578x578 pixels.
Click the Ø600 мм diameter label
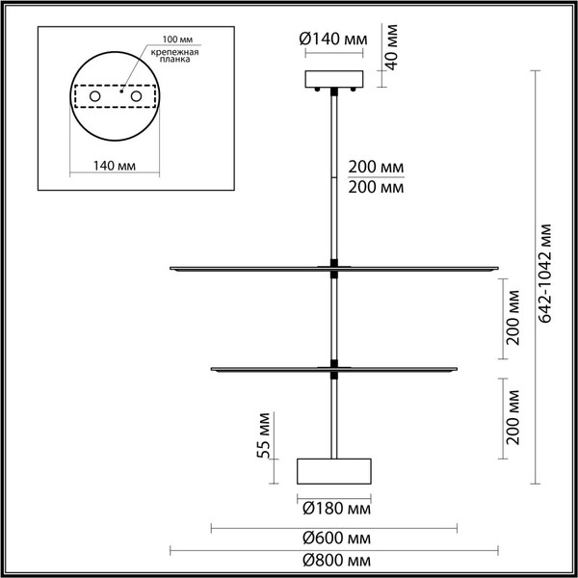point(335,538)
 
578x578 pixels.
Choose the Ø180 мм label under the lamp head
point(333,508)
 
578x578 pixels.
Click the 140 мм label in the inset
point(114,165)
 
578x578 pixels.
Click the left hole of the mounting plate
point(95,97)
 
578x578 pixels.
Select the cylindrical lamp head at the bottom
point(334,471)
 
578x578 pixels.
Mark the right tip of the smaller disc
point(457,366)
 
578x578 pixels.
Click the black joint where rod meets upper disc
point(334,265)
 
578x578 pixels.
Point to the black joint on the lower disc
point(334,364)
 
